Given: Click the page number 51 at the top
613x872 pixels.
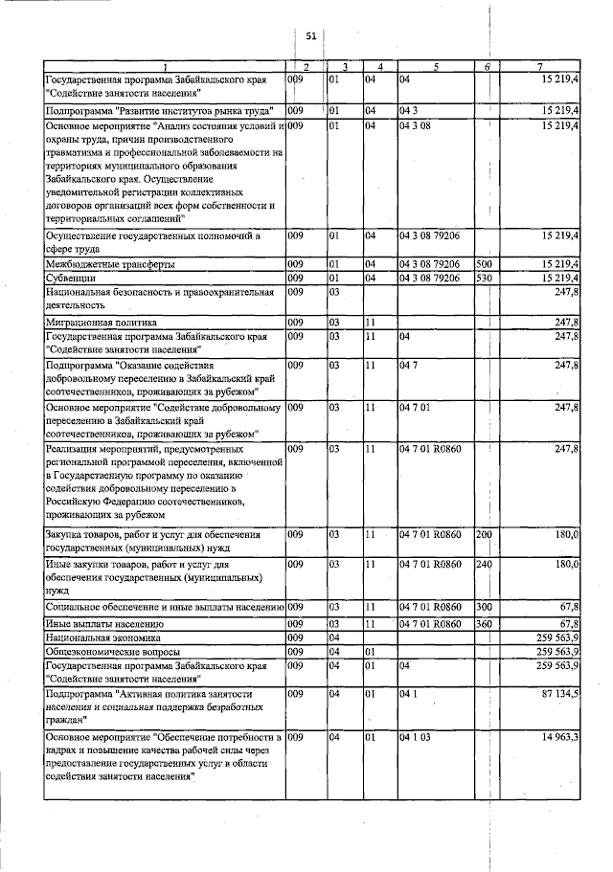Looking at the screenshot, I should [310, 35].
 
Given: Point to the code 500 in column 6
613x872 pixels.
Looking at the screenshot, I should [484, 263].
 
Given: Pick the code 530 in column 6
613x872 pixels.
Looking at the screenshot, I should [484, 278].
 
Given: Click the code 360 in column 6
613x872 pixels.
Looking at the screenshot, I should [484, 623].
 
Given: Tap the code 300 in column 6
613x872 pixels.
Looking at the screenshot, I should [484, 607].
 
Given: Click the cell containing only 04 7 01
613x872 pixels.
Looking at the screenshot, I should [415, 407].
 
